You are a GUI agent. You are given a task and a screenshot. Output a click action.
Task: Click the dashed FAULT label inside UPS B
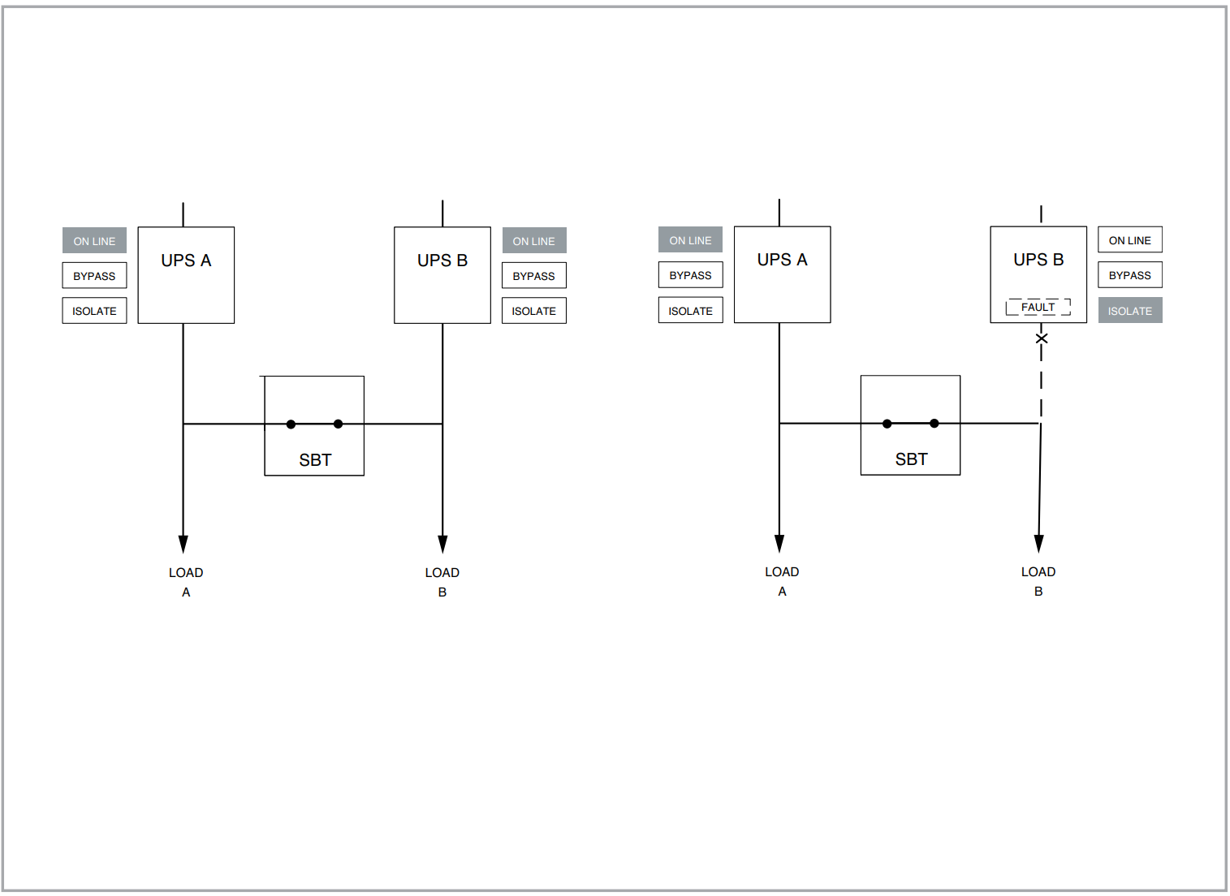1038,307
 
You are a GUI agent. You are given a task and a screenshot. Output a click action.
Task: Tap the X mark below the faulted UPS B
1042,338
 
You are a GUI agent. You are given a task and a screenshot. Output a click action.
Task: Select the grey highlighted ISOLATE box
1129,311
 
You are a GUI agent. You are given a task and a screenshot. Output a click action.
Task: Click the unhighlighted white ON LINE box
1129,240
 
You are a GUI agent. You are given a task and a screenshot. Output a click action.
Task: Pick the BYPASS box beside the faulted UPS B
1129,275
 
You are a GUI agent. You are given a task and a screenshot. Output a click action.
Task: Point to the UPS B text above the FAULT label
1038,260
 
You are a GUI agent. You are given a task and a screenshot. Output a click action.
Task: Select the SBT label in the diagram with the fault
911,459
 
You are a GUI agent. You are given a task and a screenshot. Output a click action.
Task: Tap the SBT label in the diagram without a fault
315,460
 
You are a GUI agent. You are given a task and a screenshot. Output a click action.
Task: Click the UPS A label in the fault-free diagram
186,261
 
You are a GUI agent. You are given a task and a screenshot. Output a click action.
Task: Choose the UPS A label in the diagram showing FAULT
782,260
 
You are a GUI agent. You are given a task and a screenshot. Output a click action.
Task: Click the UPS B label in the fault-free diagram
442,261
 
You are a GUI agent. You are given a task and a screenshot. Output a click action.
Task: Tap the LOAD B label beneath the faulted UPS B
1038,581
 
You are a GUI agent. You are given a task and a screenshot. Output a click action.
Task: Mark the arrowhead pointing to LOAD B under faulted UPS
1038,544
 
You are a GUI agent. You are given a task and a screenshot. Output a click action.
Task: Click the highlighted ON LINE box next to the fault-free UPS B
533,241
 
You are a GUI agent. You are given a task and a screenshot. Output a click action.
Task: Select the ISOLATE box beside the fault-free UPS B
533,311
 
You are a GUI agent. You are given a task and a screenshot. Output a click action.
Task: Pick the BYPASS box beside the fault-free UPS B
533,276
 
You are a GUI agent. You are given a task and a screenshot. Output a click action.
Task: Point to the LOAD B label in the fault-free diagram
442,582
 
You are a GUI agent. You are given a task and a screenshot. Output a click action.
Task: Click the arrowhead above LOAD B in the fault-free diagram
442,545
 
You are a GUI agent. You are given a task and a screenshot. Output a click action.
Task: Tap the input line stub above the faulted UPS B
1041,214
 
